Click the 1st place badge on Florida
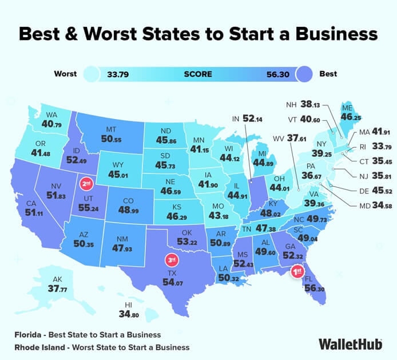click(x=297, y=272)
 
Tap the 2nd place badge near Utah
click(x=87, y=184)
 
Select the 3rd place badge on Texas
click(x=171, y=258)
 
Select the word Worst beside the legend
click(x=66, y=74)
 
